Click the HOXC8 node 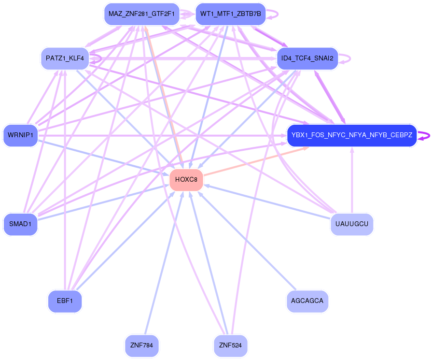click(x=186, y=180)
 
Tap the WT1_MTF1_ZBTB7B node click(x=230, y=14)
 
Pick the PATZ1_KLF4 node click(x=65, y=59)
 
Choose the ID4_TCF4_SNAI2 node click(x=307, y=59)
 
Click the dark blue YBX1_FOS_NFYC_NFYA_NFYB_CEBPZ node click(x=351, y=136)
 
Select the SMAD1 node click(x=20, y=224)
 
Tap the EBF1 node click(x=65, y=302)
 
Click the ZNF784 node click(x=141, y=346)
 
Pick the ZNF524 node click(x=230, y=346)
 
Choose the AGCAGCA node click(x=307, y=302)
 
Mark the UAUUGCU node click(x=352, y=224)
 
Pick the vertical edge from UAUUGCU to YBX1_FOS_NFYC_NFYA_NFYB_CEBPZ click(x=352, y=181)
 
